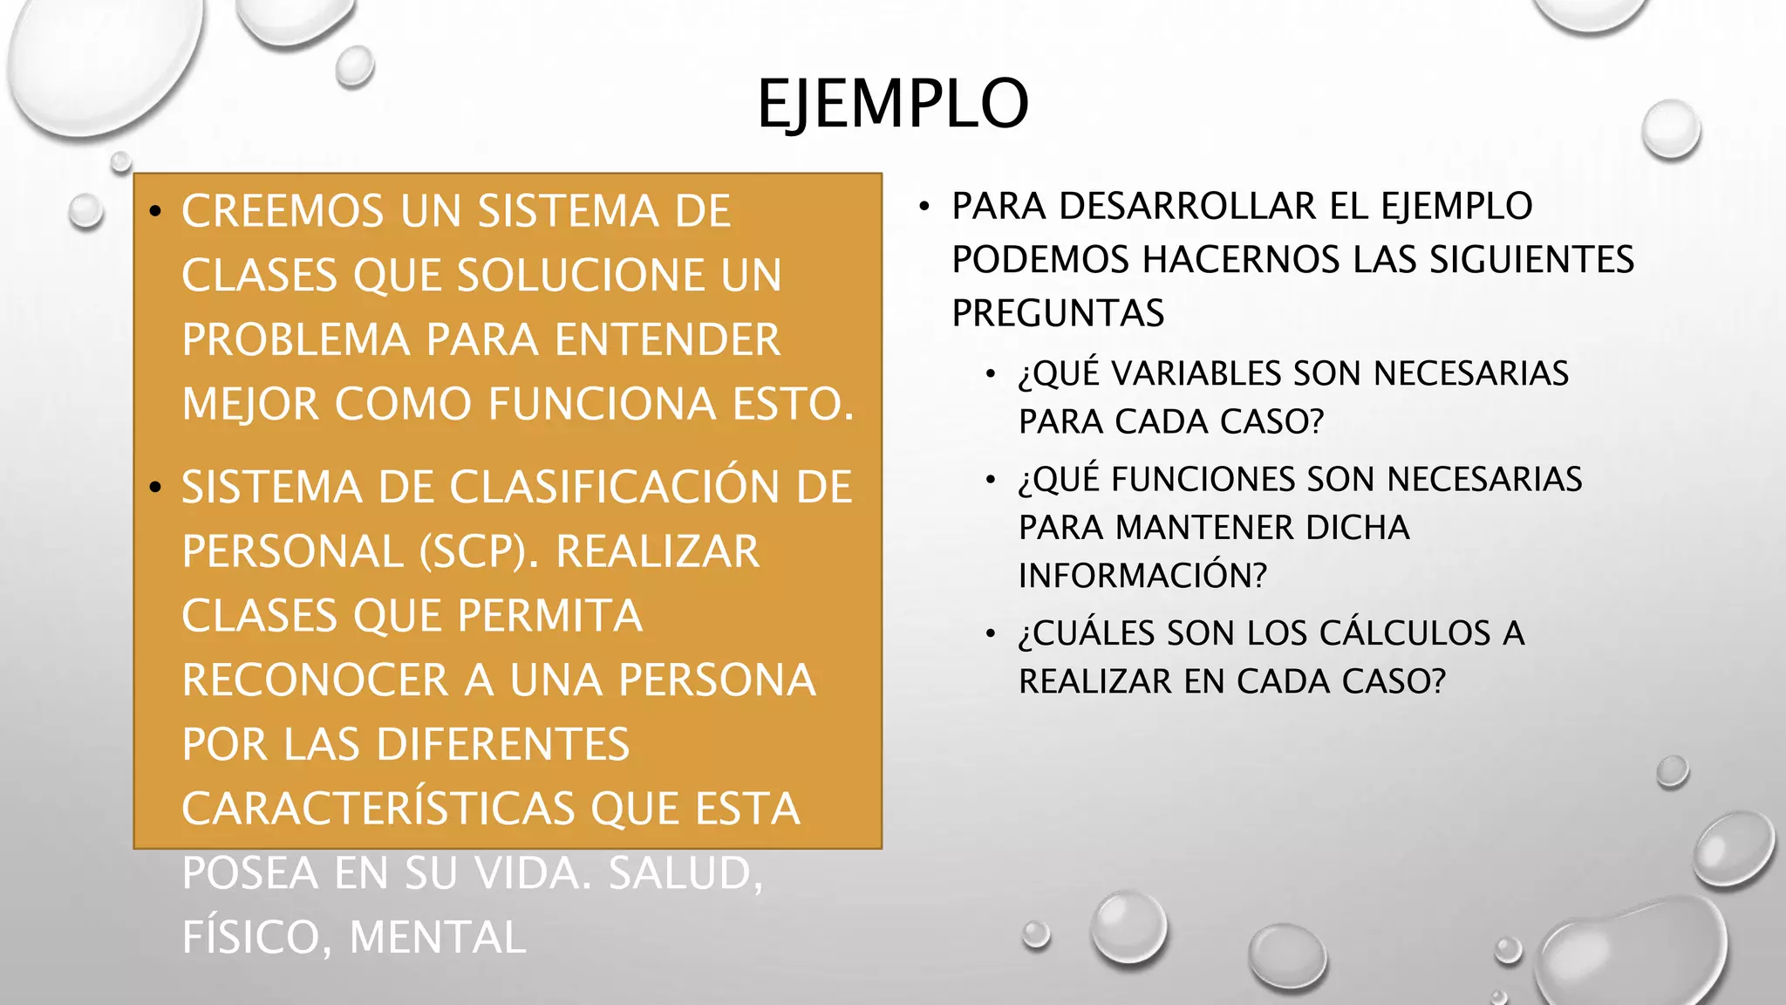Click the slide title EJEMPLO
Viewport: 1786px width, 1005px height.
click(x=892, y=104)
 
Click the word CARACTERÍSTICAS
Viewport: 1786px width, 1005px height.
click(x=378, y=809)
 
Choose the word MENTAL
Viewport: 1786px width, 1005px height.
click(x=437, y=938)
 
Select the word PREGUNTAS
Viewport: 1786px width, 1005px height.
click(x=1058, y=313)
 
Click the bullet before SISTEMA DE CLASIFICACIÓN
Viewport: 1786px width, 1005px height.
click(x=155, y=488)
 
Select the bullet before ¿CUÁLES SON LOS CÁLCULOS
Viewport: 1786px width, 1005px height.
click(x=990, y=633)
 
